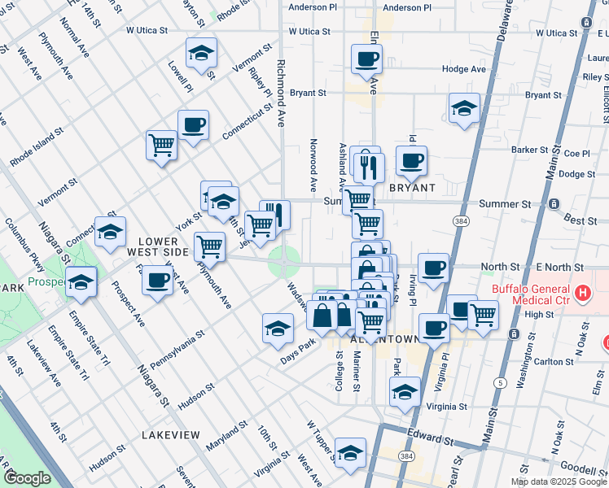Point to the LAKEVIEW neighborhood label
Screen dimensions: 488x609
tap(170, 435)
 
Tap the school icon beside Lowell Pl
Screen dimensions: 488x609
tap(201, 54)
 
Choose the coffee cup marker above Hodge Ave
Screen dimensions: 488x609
tap(366, 59)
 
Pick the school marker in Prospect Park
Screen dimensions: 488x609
tap(81, 282)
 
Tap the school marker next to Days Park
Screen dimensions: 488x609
tap(278, 329)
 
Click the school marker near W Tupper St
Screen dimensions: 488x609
tap(351, 454)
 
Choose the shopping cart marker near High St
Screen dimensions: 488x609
tap(484, 314)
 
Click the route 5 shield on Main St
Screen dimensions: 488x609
tap(500, 382)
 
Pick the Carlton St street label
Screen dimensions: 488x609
tap(555, 362)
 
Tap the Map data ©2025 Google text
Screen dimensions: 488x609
tap(558, 481)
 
